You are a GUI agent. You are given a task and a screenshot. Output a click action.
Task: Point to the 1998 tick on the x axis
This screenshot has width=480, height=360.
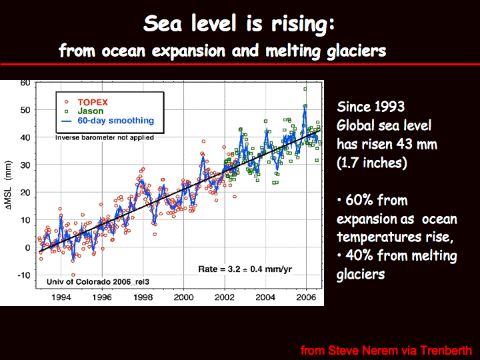coord(143,297)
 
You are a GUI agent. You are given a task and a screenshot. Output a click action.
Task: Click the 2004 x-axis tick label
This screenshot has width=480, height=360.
coord(265,297)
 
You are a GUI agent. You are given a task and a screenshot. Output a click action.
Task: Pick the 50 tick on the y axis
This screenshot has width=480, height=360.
coord(25,110)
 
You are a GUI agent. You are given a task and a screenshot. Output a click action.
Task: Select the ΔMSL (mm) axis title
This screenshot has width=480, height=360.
coord(9,185)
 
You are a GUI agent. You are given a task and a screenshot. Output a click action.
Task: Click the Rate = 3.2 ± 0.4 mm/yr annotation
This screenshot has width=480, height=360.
coord(245,269)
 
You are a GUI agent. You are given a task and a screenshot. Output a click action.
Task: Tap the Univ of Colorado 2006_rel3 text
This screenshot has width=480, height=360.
coord(98,281)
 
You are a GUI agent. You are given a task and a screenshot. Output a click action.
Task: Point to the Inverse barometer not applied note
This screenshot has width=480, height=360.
coord(105,137)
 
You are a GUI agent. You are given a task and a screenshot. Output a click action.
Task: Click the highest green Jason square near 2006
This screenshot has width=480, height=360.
coord(305,89)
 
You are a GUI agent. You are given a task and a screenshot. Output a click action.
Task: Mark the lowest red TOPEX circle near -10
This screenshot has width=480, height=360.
coord(73,275)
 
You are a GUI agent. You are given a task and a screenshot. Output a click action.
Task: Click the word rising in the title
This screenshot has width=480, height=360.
coord(303,24)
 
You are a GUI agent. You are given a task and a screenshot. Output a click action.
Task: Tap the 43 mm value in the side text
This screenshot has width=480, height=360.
coord(417,144)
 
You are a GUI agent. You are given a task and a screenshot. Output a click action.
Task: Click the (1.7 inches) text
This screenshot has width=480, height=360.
coord(372,163)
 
